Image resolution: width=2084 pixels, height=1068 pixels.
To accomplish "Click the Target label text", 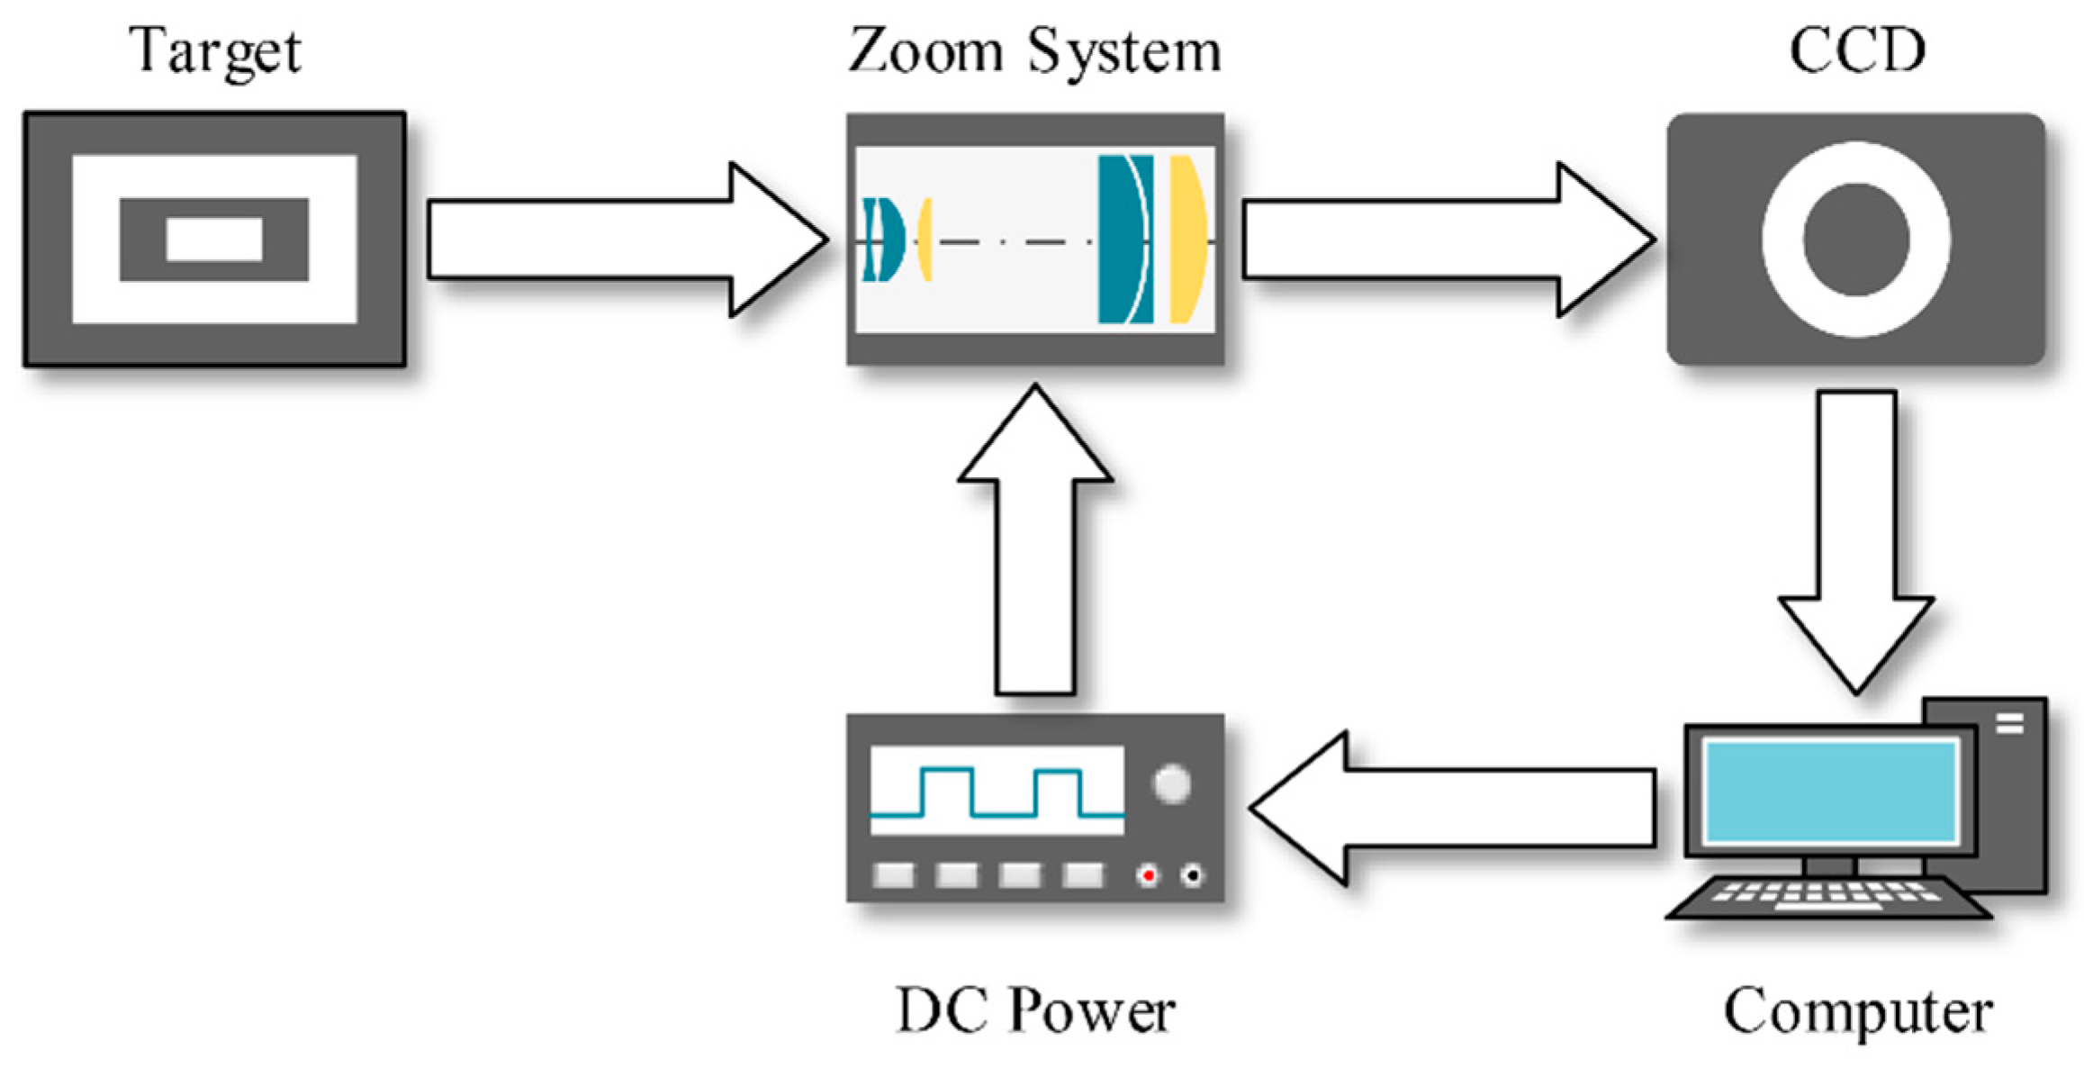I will [x=214, y=51].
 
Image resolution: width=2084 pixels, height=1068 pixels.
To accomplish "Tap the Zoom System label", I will [x=1034, y=51].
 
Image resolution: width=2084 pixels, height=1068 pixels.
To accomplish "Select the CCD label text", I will [x=1856, y=51].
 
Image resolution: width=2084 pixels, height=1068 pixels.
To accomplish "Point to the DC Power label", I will [x=1034, y=1011].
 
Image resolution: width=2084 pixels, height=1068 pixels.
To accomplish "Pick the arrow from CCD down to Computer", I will [x=1856, y=540].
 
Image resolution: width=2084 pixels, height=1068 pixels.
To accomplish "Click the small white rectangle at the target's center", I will [x=214, y=240].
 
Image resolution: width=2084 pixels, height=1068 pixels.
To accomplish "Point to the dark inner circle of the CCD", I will [x=1856, y=240].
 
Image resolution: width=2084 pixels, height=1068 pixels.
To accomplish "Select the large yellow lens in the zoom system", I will [x=1186, y=240].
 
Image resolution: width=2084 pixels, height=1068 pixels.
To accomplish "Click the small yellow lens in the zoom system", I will [x=925, y=240].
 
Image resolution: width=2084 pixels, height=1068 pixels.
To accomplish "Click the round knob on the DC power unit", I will [x=1171, y=784].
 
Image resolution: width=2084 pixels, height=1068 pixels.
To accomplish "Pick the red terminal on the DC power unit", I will [x=1148, y=875].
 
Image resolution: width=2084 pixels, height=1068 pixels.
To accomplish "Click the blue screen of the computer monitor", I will [x=1830, y=791].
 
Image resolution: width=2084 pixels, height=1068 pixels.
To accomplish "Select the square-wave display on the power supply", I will [x=997, y=791].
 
